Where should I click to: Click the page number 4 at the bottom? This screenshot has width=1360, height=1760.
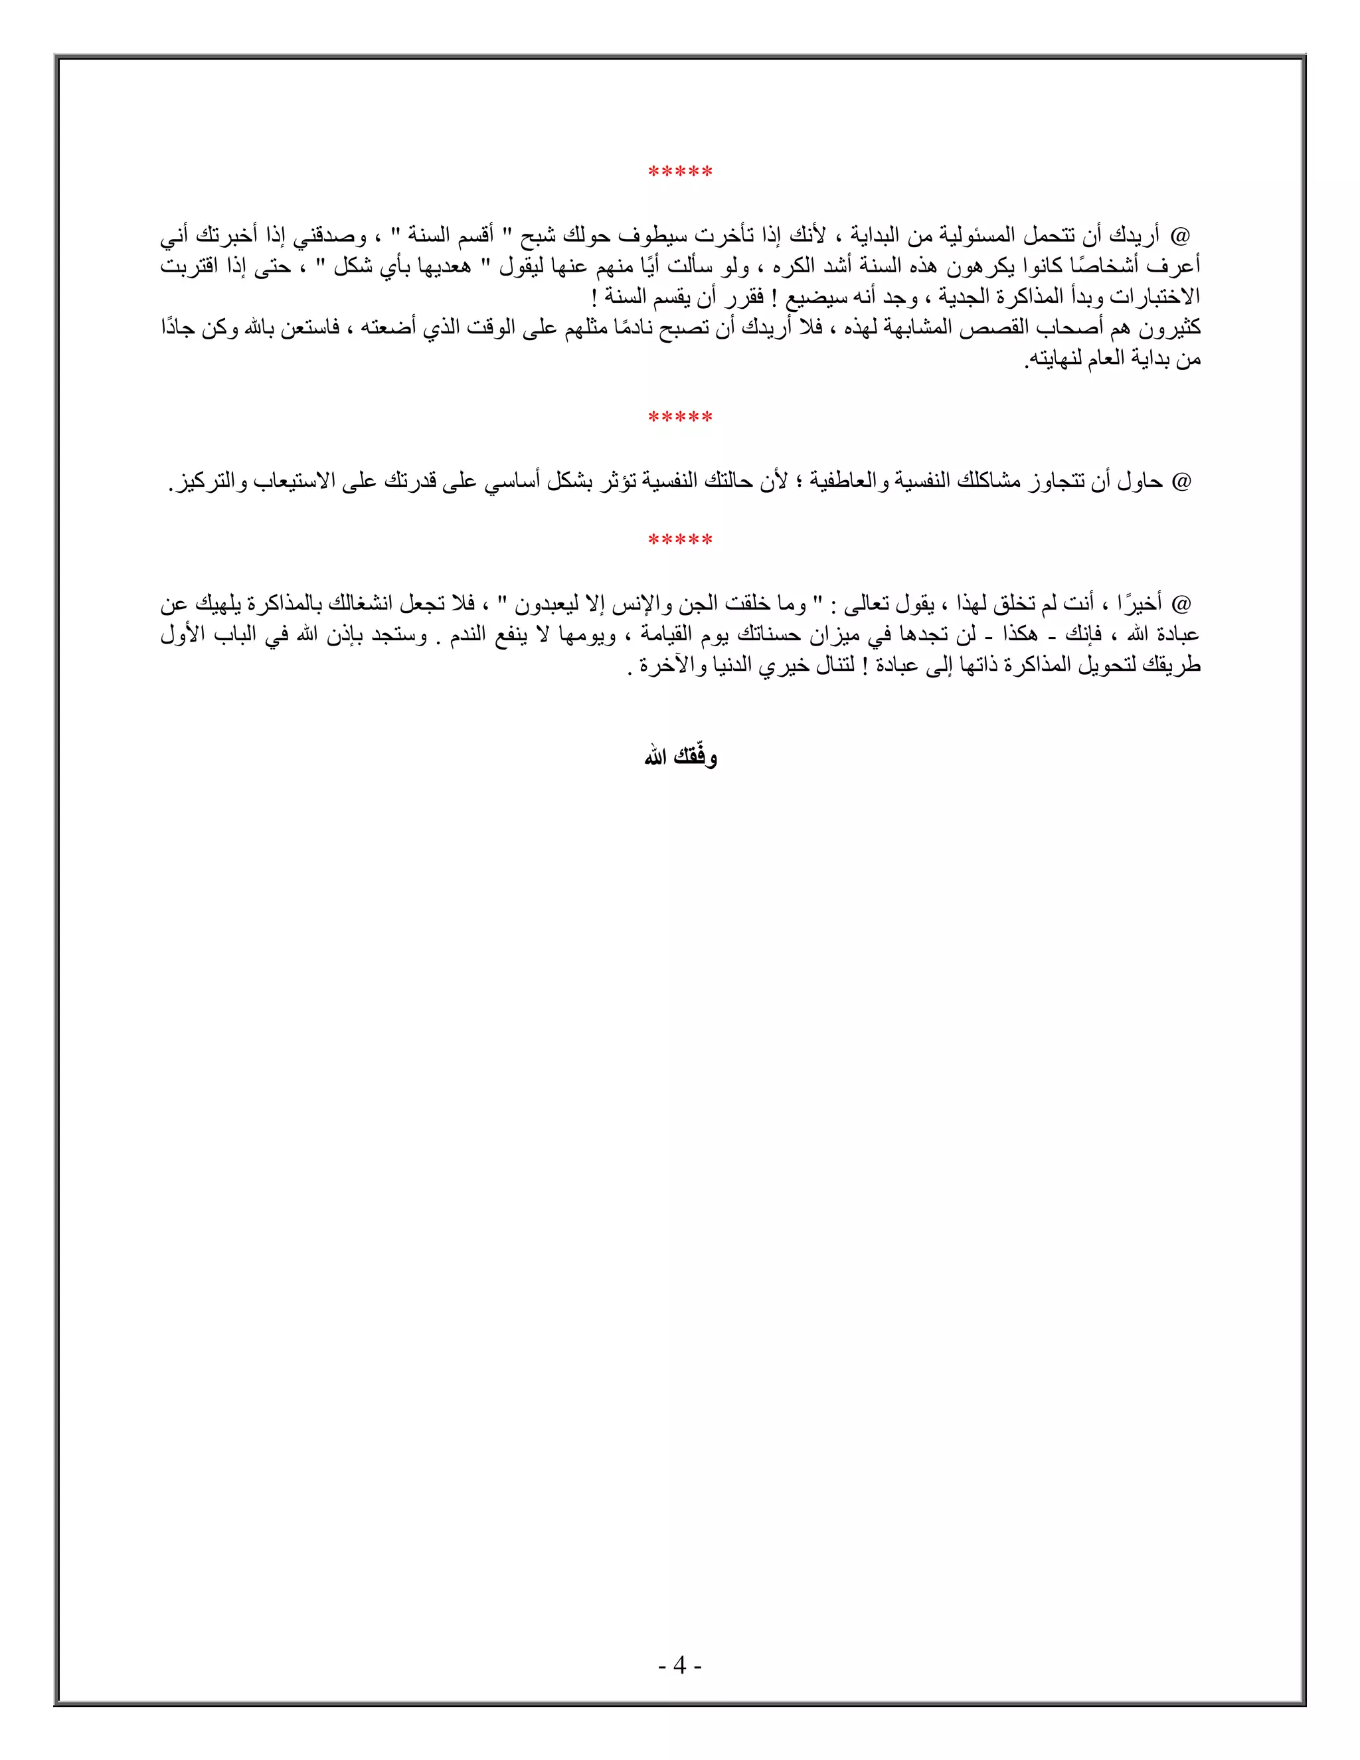680,1665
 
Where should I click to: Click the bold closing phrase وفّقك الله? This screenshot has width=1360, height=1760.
680,758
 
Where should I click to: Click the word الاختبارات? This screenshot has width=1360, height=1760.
1155,297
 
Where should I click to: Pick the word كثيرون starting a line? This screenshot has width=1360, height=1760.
1168,327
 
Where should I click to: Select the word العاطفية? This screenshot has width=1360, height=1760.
835,482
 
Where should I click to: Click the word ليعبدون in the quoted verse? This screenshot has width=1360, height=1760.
547,604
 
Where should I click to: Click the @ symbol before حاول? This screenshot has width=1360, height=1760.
1181,482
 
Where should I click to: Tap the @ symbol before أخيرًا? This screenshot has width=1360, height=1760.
1181,604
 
